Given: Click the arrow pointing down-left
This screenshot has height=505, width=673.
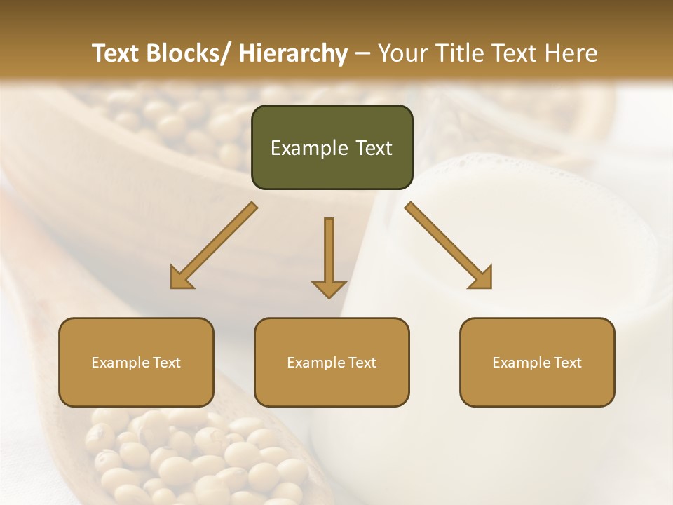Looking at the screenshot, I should tap(213, 245).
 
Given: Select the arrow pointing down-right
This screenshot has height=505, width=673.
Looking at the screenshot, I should tap(449, 245).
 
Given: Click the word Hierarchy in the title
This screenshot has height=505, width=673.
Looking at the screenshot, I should tap(292, 53).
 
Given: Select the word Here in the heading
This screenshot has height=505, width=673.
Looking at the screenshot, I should tap(571, 53).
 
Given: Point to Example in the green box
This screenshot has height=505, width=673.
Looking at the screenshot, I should tap(309, 149).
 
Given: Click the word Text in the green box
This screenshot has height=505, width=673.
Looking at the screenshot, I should tap(372, 148).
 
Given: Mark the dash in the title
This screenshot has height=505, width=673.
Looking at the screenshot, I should tap(363, 53).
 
